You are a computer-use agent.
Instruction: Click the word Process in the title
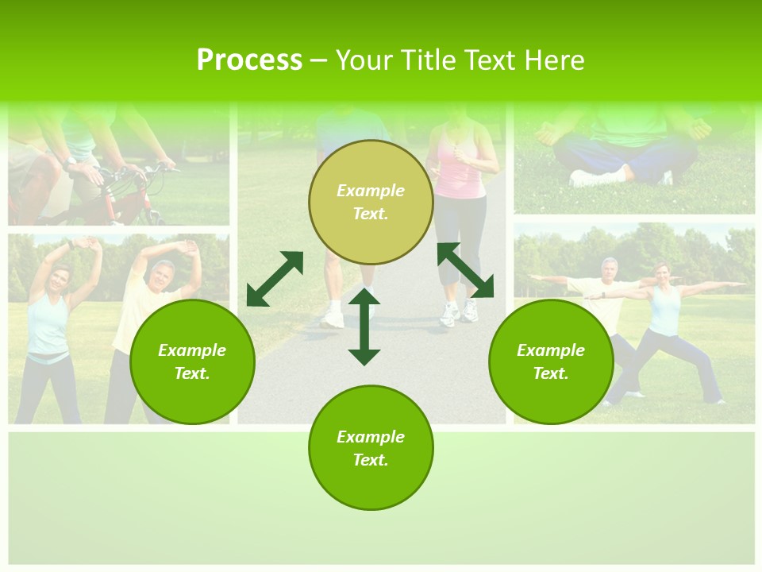click(x=249, y=60)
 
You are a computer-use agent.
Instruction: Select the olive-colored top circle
click(x=371, y=202)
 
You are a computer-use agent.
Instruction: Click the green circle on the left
click(x=192, y=361)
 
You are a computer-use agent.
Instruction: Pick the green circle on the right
click(x=551, y=361)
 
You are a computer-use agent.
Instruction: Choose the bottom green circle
click(x=371, y=448)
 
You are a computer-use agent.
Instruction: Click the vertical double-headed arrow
click(x=364, y=327)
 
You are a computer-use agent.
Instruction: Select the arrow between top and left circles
click(x=275, y=279)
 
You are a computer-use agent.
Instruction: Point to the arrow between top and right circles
click(x=465, y=270)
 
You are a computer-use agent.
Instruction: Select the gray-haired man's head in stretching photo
click(x=162, y=272)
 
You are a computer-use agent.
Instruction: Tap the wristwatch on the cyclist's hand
click(x=71, y=160)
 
